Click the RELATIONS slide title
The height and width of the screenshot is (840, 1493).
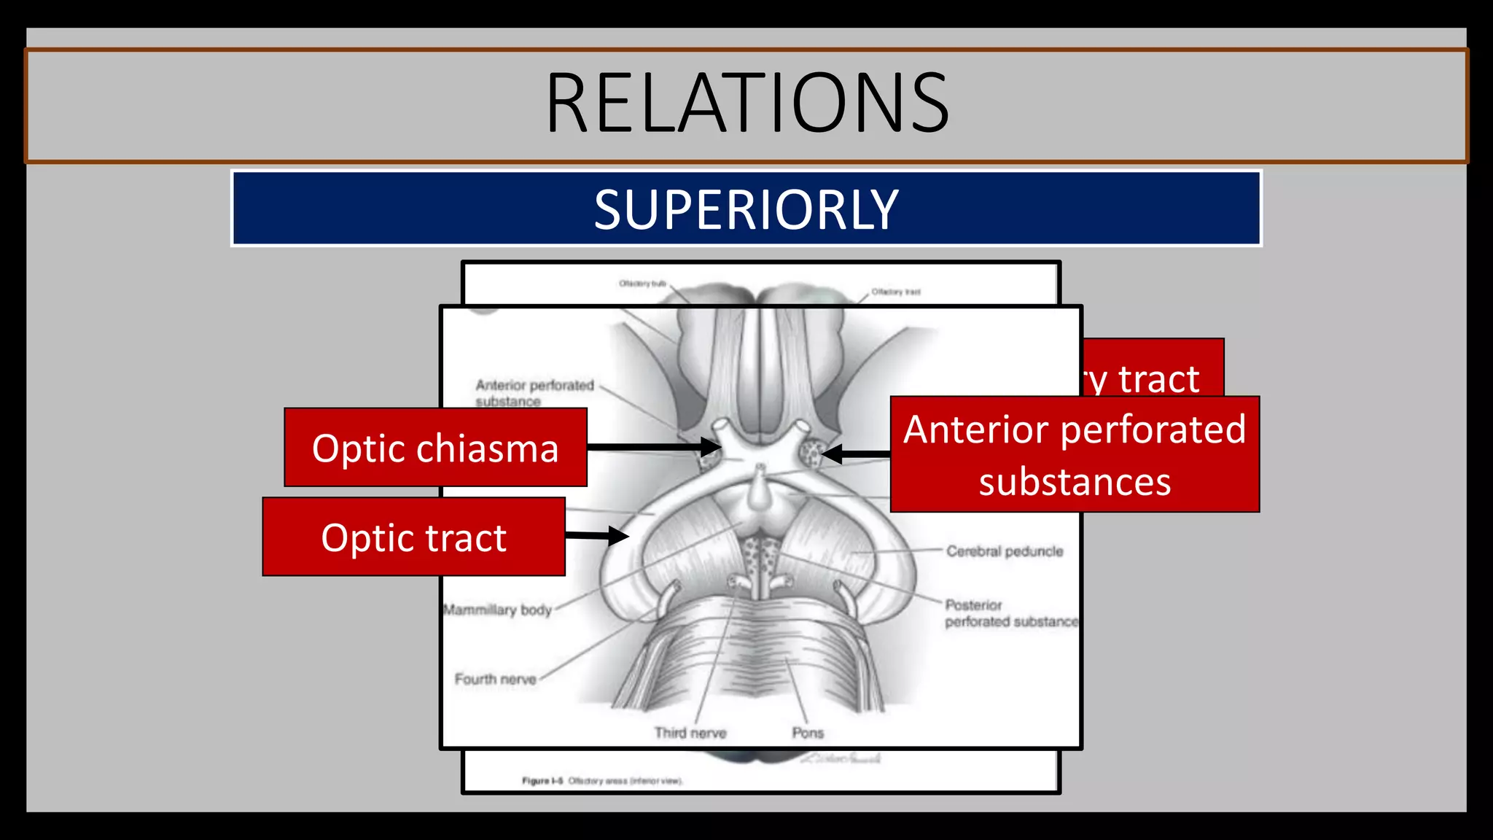click(746, 104)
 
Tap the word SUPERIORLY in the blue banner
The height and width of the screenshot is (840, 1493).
click(746, 210)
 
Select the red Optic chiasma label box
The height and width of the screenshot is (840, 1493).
click(435, 448)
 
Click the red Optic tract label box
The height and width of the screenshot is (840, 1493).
click(413, 537)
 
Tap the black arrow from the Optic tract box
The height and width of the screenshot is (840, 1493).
click(596, 536)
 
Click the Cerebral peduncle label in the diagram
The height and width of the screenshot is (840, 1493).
click(1005, 551)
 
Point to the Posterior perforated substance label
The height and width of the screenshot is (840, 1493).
click(1010, 613)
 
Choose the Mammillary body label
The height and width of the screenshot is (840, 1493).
click(498, 610)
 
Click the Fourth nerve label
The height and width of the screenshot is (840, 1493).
click(496, 679)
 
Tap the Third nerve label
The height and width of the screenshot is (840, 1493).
click(690, 733)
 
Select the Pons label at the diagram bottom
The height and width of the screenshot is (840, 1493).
click(808, 733)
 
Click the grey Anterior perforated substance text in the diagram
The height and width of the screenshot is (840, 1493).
click(534, 392)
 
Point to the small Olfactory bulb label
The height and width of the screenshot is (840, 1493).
click(642, 284)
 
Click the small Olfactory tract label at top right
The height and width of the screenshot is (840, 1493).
click(896, 292)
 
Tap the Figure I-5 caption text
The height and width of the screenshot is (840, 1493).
click(602, 781)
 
